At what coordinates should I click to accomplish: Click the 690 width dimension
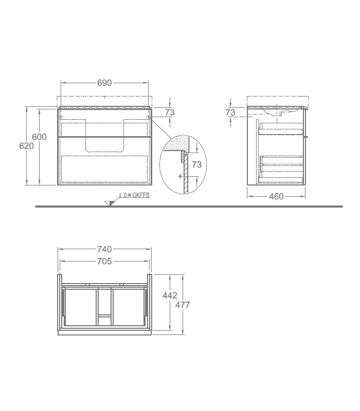[x=104, y=83]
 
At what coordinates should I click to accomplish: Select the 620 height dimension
[x=27, y=146]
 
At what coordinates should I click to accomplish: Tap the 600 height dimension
[x=39, y=137]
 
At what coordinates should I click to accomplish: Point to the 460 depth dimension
[x=276, y=196]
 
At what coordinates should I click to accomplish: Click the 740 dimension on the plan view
[x=104, y=249]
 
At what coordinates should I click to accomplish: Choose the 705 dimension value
[x=104, y=261]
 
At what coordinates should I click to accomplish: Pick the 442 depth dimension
[x=170, y=295]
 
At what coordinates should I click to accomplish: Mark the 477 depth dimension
[x=183, y=305]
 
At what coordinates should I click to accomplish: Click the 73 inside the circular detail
[x=197, y=164]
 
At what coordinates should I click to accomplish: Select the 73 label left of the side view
[x=230, y=113]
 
